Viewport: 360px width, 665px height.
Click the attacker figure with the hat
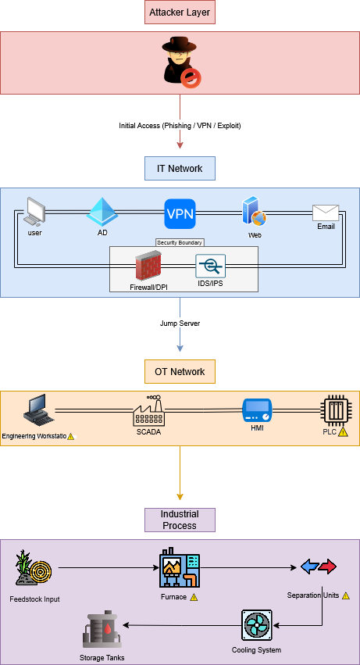181,62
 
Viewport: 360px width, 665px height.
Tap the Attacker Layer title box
180,13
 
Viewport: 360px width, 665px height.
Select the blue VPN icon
180,214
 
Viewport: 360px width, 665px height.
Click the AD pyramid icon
102,212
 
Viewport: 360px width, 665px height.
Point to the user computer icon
34,211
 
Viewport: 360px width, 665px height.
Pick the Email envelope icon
326,213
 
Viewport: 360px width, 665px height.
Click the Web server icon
254,211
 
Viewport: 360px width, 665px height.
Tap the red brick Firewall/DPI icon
148,266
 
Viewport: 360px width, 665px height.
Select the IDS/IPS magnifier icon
210,266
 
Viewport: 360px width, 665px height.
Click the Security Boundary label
180,242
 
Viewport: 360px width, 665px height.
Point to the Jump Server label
180,324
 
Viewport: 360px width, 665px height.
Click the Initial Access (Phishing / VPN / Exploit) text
180,126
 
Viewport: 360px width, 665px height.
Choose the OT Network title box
180,371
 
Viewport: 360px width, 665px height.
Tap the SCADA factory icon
148,410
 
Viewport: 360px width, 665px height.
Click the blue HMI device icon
257,410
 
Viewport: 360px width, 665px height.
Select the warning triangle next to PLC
343,432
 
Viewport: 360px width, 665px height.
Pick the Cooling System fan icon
257,625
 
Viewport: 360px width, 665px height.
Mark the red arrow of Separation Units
328,567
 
